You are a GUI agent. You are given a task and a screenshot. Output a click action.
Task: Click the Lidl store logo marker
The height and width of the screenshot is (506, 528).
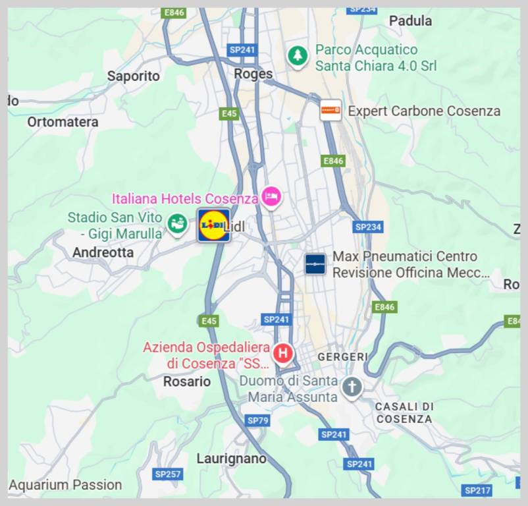coord(213,225)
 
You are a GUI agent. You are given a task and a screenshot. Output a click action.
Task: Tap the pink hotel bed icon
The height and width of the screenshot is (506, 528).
coord(271,196)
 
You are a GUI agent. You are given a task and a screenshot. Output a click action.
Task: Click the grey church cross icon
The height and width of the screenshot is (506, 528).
coord(352,387)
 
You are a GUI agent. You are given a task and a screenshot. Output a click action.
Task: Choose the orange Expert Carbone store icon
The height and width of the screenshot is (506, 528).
coord(330,110)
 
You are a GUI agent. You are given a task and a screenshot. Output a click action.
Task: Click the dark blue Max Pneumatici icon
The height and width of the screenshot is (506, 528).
coord(315,264)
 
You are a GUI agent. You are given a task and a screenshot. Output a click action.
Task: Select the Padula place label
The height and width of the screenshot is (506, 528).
coord(410,21)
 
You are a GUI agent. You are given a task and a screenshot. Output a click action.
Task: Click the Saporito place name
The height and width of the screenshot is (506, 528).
coord(134,76)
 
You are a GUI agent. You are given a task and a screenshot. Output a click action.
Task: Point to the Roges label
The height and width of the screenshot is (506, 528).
coord(253,74)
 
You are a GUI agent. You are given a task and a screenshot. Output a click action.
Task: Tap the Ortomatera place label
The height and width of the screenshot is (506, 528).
coord(63,122)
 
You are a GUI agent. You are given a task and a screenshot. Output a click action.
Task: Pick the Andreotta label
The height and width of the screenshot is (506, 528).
coord(103,252)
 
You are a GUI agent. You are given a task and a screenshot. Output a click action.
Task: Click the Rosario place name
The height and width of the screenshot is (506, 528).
coord(187,381)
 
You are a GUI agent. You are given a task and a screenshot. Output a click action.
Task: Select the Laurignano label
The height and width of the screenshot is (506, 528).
coord(232,459)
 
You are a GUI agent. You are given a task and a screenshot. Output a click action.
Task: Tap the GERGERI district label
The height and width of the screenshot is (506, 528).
coord(343,356)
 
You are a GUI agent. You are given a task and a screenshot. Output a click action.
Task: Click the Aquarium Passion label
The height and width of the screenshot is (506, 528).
coord(65,485)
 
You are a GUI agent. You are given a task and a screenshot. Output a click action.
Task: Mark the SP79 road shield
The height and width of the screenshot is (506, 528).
coord(258,420)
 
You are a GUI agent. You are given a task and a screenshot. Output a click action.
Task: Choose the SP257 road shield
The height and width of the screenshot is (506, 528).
coord(168,474)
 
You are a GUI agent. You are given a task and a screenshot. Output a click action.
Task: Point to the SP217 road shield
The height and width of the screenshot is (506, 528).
coord(477,490)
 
